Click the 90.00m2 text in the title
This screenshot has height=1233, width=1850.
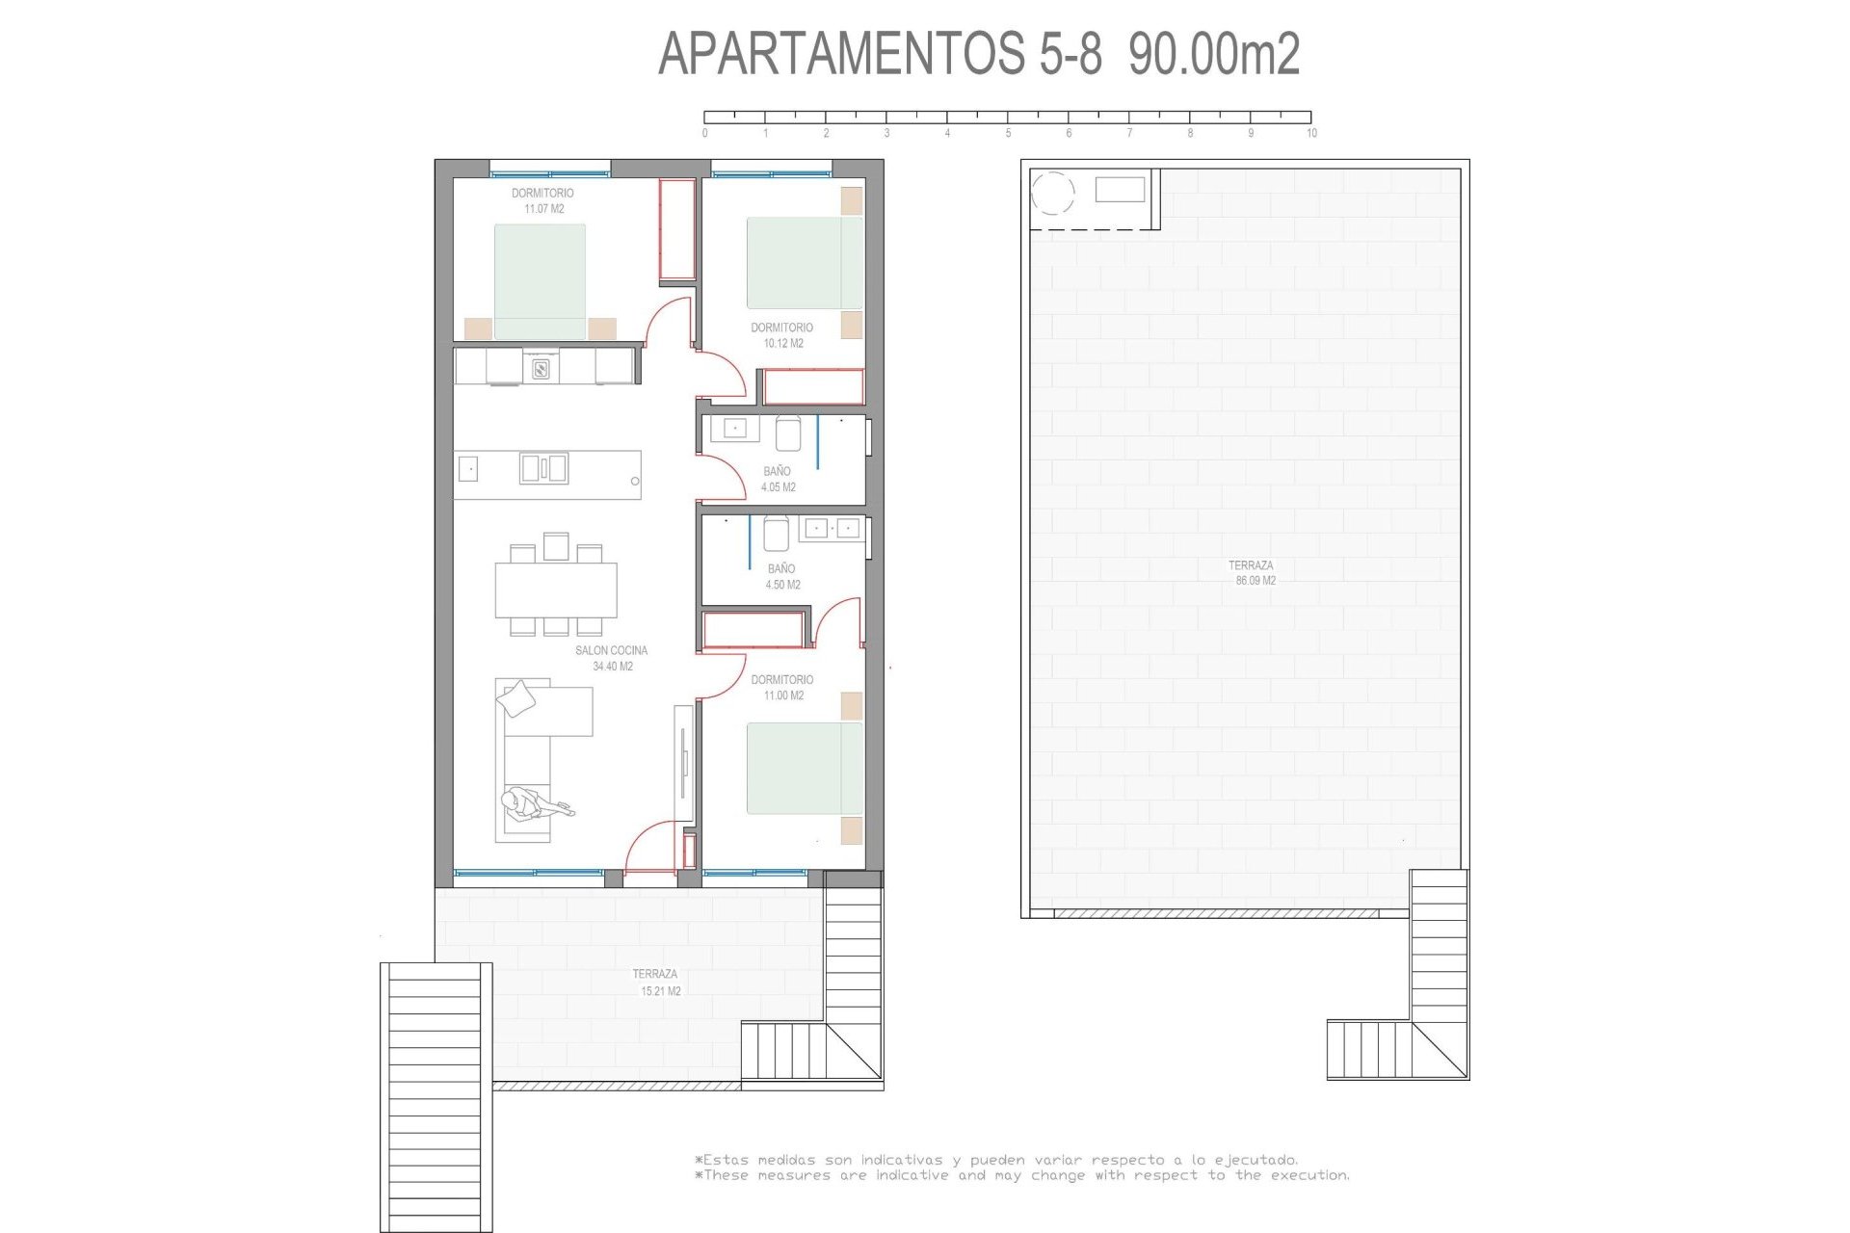(1214, 54)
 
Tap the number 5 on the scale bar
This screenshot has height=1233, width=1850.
(1008, 133)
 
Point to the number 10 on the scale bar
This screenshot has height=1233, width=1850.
(1311, 133)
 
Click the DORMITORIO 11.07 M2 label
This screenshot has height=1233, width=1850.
(542, 200)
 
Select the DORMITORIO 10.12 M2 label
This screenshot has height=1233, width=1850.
(782, 335)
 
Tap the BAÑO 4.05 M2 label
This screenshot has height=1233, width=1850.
(778, 479)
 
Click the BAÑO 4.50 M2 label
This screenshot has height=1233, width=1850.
(781, 576)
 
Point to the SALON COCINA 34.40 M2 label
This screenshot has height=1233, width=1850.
(612, 658)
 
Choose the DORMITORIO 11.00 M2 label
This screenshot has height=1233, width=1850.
(782, 687)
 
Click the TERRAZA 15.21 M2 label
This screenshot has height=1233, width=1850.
(656, 982)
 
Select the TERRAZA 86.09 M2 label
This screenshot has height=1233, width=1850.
(1252, 573)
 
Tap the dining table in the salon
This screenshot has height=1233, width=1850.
(556, 590)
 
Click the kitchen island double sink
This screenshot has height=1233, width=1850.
(543, 468)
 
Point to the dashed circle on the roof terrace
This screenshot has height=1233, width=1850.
(1052, 193)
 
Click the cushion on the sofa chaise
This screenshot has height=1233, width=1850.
(517, 698)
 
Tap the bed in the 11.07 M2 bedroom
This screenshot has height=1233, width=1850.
(540, 281)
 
